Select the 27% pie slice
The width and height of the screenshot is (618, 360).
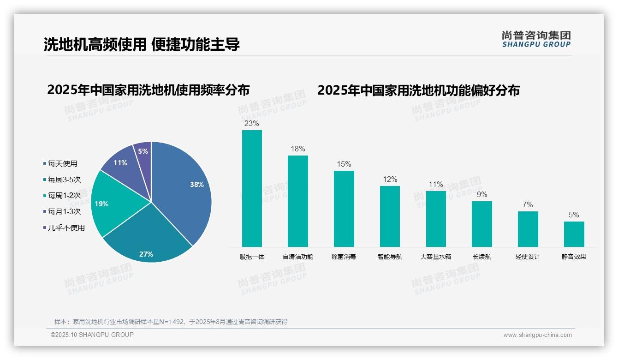148,240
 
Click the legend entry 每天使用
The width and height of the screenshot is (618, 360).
62,163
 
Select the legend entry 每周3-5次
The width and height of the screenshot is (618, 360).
64,180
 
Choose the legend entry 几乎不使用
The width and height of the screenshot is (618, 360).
66,228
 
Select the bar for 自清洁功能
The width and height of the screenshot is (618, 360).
298,201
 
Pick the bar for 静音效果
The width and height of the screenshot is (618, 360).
574,234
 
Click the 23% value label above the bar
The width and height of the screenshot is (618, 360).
252,123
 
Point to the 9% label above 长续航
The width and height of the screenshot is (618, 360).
482,194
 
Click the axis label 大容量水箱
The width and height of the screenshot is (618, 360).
436,257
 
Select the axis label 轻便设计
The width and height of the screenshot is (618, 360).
528,257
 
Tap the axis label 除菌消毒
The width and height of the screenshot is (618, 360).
344,257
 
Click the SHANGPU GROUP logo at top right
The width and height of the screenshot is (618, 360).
536,39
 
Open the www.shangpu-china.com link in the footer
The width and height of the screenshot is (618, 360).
537,335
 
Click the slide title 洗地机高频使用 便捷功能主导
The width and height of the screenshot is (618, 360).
142,45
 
